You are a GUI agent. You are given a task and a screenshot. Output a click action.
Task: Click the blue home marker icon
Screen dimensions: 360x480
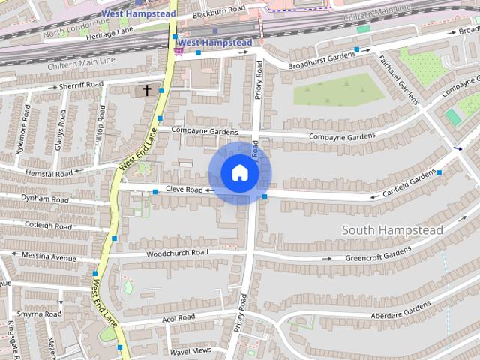(x=240, y=173)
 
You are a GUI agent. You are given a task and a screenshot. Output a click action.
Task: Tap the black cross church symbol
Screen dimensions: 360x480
(x=147, y=90)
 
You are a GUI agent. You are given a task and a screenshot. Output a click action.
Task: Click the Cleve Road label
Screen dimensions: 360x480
(x=184, y=190)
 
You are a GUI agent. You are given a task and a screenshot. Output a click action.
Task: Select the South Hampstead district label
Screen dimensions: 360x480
(x=392, y=229)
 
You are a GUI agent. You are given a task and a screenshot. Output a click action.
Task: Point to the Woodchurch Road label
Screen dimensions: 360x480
(x=177, y=253)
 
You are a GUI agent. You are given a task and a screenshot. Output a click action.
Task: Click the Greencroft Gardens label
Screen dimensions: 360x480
(x=378, y=253)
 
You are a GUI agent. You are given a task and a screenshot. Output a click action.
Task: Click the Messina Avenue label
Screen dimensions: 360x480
(x=49, y=257)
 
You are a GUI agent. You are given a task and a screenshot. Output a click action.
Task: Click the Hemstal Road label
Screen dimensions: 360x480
(x=49, y=173)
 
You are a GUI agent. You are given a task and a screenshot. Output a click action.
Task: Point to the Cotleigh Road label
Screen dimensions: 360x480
(x=48, y=224)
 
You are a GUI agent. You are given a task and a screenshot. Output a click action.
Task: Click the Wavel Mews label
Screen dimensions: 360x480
(x=190, y=351)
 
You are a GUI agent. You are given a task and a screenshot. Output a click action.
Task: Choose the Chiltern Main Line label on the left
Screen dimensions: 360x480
(x=82, y=60)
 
